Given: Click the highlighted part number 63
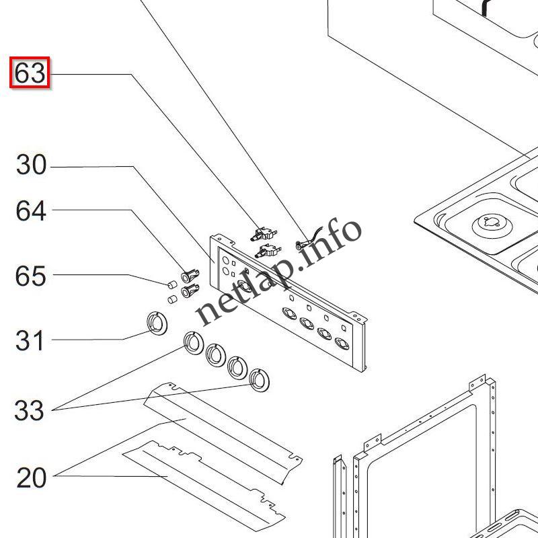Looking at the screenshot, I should point(30,73).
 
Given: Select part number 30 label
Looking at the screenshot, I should point(31,165).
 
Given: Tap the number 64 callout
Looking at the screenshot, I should point(31,211).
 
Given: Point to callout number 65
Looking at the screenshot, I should point(31,276).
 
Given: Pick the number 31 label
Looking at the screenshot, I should point(30,341).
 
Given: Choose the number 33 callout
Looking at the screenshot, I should point(30,410).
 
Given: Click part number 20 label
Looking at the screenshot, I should point(31,477).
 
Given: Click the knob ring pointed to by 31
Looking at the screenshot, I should point(155,323).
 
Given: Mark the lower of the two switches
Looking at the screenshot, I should point(267,252).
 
